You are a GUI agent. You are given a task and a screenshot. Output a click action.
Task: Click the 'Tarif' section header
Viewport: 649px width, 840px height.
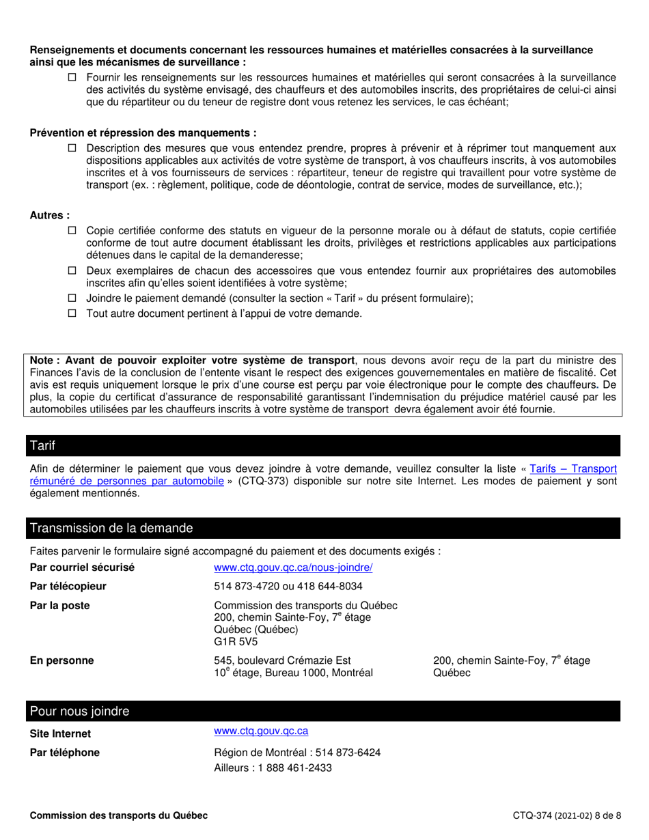click(42, 446)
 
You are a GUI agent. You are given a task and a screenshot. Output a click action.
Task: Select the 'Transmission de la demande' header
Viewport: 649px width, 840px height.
click(111, 528)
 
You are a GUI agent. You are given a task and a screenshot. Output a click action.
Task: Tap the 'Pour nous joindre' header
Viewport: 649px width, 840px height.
click(79, 711)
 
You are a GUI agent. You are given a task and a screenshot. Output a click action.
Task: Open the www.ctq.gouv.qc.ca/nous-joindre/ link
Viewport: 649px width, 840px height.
click(293, 568)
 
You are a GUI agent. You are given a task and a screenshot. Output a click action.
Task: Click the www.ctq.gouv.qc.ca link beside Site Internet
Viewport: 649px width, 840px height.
click(261, 731)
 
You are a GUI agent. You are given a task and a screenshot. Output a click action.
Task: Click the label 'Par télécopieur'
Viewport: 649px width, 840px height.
click(68, 586)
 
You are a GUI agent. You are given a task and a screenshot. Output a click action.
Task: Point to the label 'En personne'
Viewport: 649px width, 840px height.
click(62, 660)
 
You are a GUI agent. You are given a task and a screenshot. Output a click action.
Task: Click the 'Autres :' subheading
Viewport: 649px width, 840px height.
click(50, 215)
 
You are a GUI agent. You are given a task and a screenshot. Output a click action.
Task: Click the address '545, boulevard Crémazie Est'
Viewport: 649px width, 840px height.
click(282, 660)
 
